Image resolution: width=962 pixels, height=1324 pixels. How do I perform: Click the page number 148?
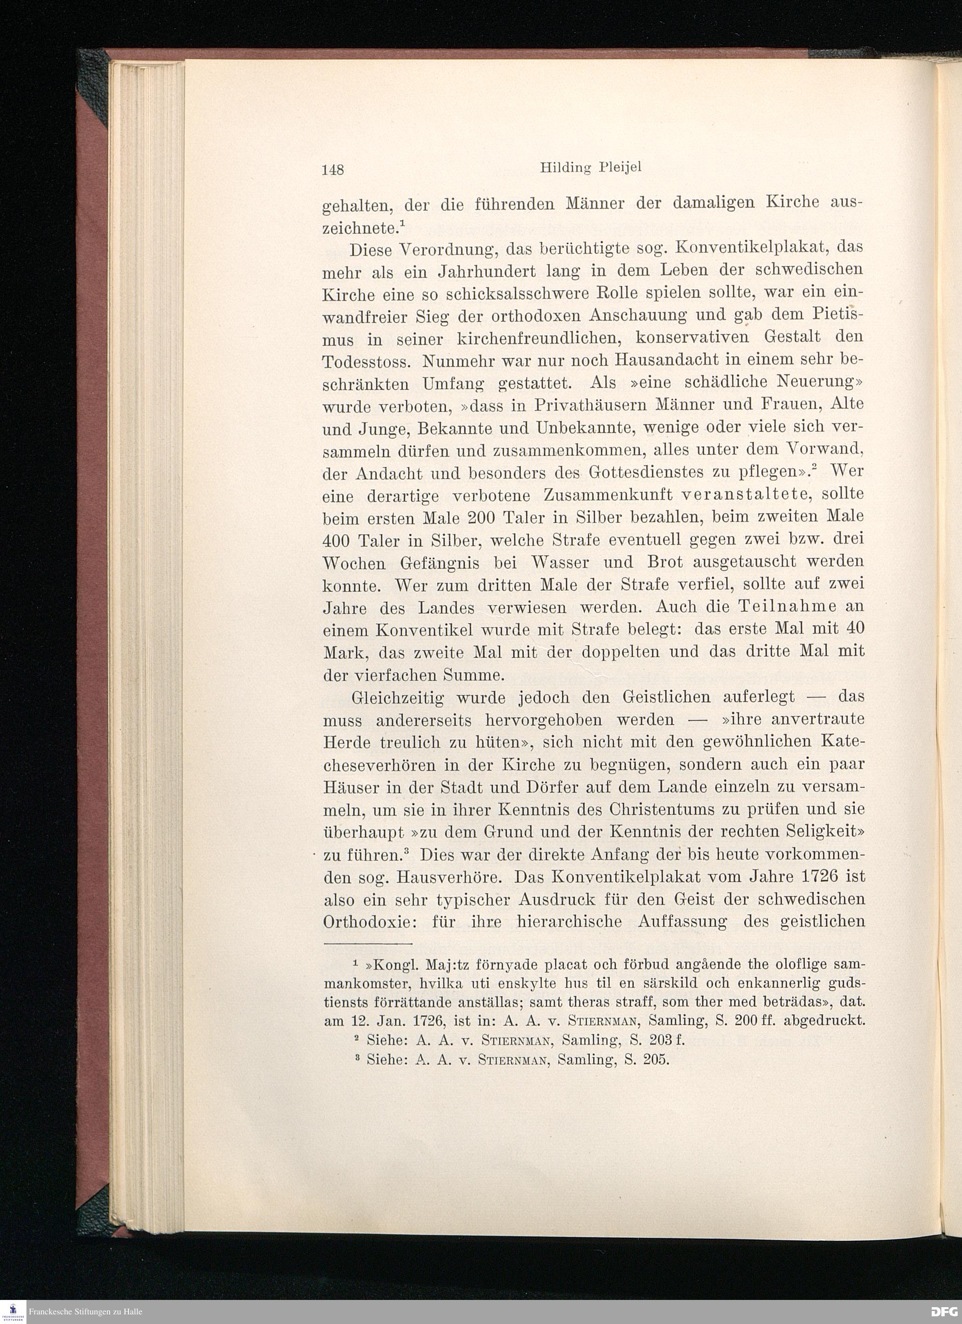tap(334, 169)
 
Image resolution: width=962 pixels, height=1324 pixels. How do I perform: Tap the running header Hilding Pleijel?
tap(591, 167)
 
